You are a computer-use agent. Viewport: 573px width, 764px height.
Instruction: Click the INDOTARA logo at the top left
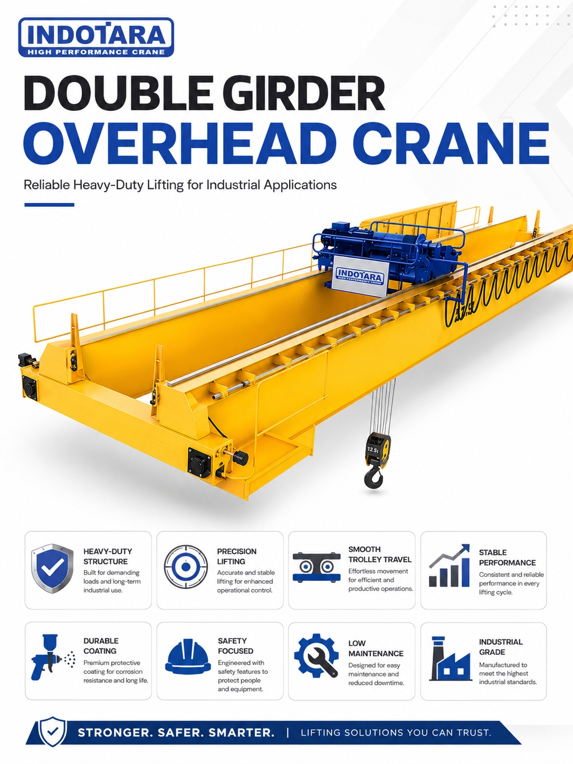[96, 37]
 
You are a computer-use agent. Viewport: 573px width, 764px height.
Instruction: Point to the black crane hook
[374, 476]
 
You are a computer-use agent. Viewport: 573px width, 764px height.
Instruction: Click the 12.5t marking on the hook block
[373, 450]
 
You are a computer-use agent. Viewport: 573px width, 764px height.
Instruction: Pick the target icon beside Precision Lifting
[186, 567]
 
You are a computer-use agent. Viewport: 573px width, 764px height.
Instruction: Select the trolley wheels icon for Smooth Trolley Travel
[316, 567]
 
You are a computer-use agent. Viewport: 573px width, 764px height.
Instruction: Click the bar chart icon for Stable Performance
[449, 566]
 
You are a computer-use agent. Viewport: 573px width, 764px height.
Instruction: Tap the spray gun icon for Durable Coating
[53, 658]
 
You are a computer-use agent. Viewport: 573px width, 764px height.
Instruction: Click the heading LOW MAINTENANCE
[376, 648]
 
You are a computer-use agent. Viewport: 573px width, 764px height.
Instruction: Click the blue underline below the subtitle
[50, 205]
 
